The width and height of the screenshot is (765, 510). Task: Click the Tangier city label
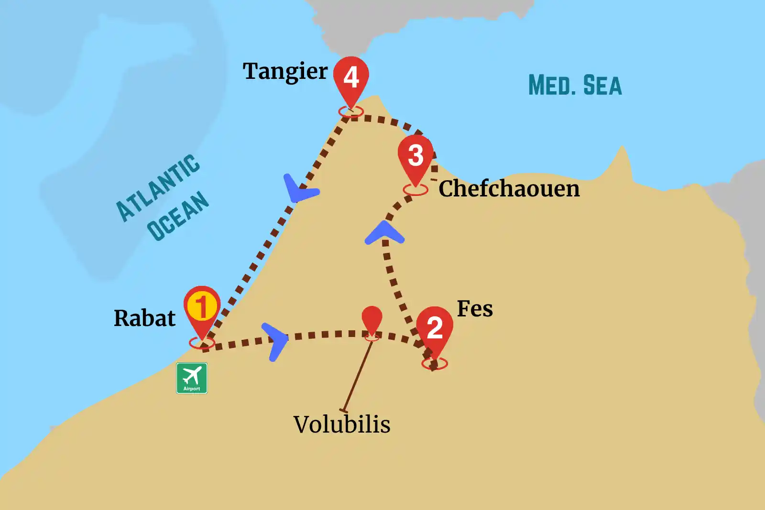[285, 72]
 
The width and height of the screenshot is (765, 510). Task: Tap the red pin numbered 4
[351, 76]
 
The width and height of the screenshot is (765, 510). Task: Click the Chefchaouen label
[509, 188]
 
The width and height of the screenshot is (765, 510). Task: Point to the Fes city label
[474, 309]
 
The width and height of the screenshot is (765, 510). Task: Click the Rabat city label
[144, 318]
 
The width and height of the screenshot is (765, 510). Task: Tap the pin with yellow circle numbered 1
[202, 307]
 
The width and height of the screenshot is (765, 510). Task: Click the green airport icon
[192, 378]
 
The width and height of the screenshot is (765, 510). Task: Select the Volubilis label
[342, 424]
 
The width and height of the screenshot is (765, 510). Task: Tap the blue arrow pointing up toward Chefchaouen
[384, 233]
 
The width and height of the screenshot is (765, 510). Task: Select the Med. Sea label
[575, 86]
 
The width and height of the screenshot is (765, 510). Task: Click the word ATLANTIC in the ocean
[158, 188]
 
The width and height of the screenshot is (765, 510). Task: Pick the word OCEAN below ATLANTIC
[178, 216]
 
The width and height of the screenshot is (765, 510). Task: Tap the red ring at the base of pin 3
[415, 190]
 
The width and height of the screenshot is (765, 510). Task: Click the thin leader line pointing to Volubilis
[358, 375]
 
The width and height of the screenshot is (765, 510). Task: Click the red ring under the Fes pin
[435, 364]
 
